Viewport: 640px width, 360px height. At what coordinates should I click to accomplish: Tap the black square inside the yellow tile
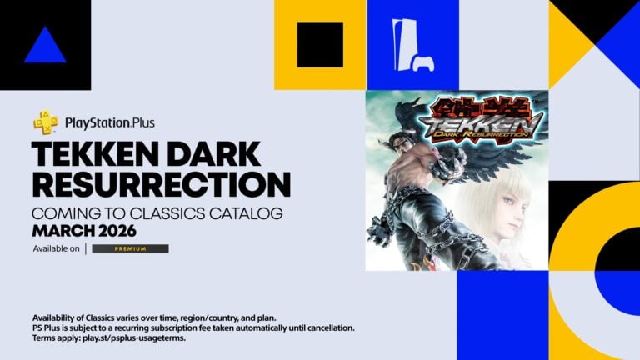tap(320, 45)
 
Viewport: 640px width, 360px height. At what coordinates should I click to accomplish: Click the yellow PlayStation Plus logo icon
tap(45, 123)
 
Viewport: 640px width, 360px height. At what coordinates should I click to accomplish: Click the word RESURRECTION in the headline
tap(161, 183)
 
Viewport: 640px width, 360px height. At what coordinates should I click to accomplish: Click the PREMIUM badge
tap(130, 248)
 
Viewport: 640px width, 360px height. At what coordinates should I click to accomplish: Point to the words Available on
tap(57, 248)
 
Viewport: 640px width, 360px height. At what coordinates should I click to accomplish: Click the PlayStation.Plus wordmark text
tap(109, 123)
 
